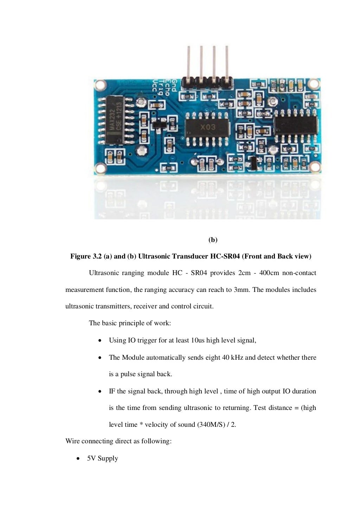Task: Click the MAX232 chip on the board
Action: click(115, 120)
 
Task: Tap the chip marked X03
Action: click(207, 128)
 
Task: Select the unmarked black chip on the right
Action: click(296, 126)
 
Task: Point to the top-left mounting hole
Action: click(100, 84)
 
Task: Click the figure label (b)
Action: click(213, 240)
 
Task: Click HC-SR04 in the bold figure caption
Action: click(225, 256)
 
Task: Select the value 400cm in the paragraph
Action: click(269, 273)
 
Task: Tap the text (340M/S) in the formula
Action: click(211, 425)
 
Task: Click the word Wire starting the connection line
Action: click(72, 441)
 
